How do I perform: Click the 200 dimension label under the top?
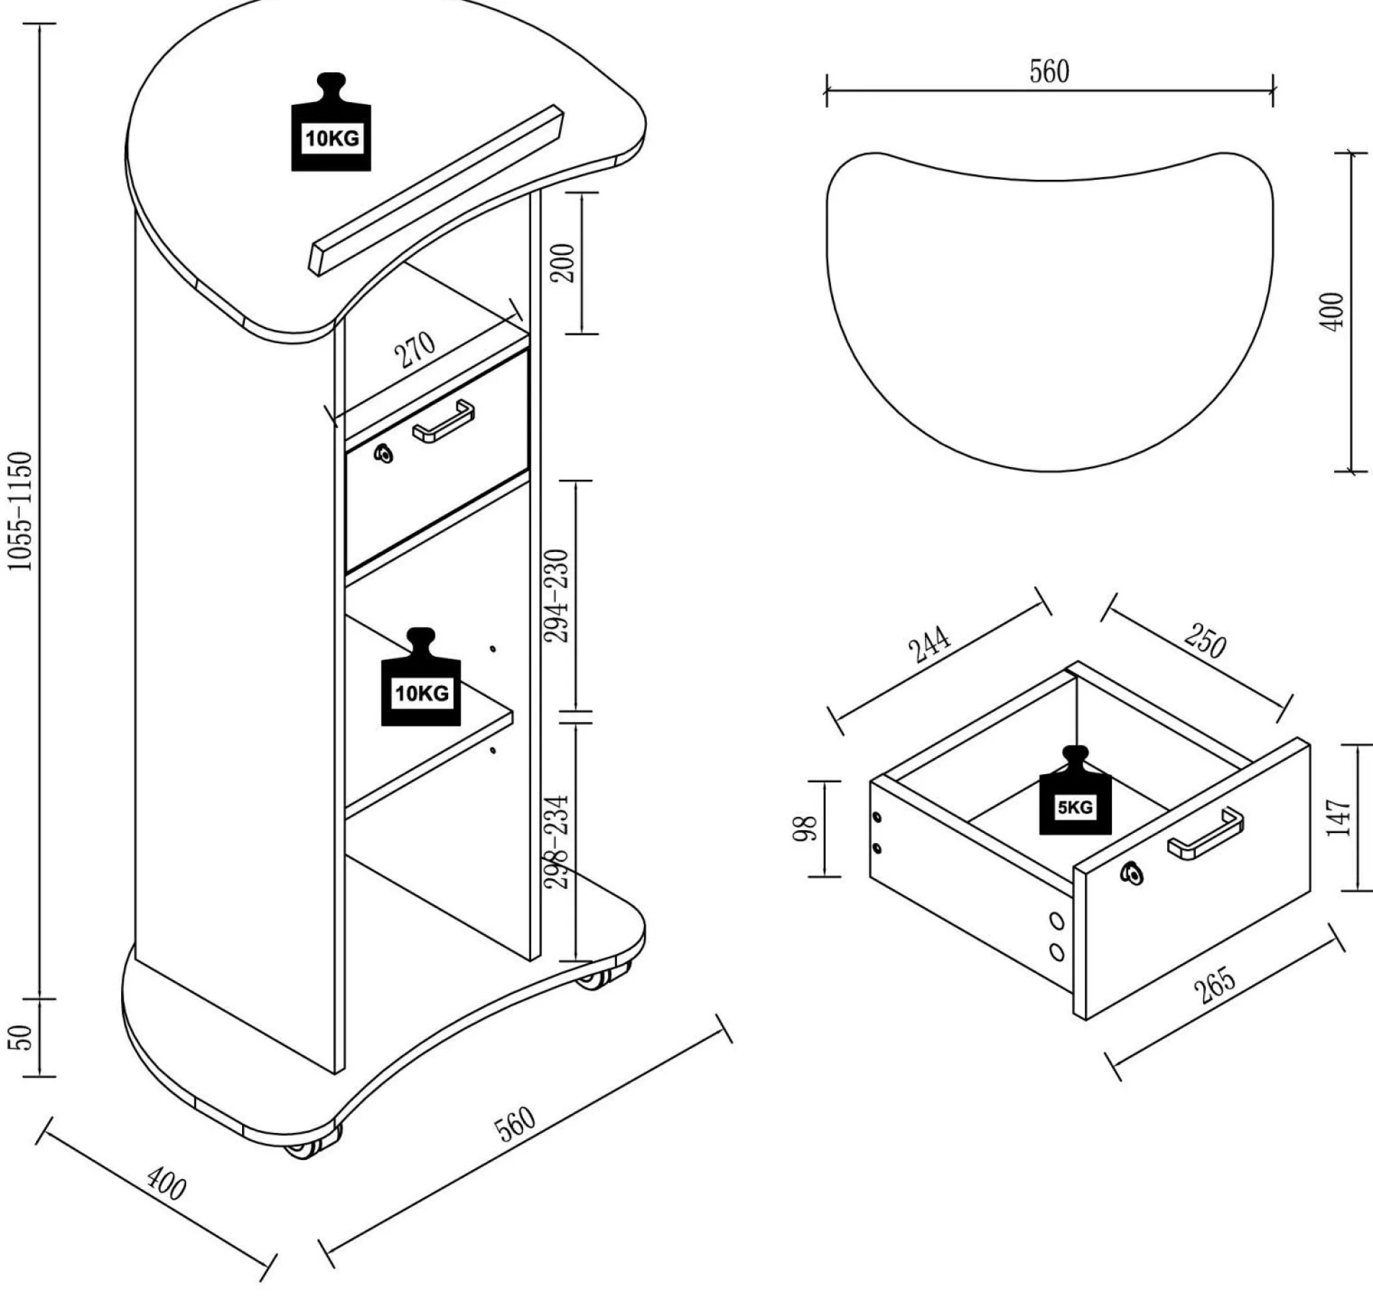pyautogui.click(x=563, y=263)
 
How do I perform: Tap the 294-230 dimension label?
pyautogui.click(x=558, y=596)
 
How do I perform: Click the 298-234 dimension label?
pyautogui.click(x=558, y=842)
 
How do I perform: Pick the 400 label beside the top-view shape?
pyautogui.click(x=1332, y=311)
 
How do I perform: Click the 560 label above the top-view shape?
pyautogui.click(x=1049, y=71)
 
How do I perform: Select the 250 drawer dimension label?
pyautogui.click(x=1205, y=640)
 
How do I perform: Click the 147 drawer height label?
pyautogui.click(x=1338, y=817)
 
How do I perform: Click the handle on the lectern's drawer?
pyautogui.click(x=444, y=422)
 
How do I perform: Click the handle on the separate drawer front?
pyautogui.click(x=1205, y=834)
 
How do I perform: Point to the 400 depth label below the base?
pyautogui.click(x=167, y=1184)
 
